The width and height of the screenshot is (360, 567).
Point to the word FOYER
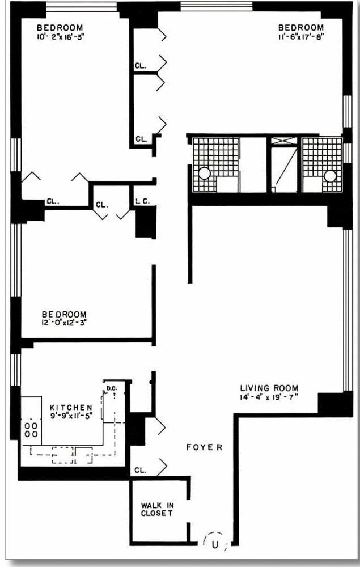click(204, 447)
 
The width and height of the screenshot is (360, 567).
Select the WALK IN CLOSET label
click(157, 509)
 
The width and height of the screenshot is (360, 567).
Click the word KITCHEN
click(71, 407)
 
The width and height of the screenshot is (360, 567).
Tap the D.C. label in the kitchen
click(111, 388)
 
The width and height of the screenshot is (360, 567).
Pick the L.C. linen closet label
click(142, 201)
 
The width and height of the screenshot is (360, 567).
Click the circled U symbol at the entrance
click(215, 545)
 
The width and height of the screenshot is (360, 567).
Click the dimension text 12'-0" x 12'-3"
click(63, 323)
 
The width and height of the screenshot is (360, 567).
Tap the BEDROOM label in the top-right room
click(301, 27)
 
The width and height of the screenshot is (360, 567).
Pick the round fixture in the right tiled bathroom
click(330, 176)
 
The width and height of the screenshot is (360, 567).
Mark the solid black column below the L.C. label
click(146, 222)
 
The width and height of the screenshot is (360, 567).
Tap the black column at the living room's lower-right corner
click(334, 404)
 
